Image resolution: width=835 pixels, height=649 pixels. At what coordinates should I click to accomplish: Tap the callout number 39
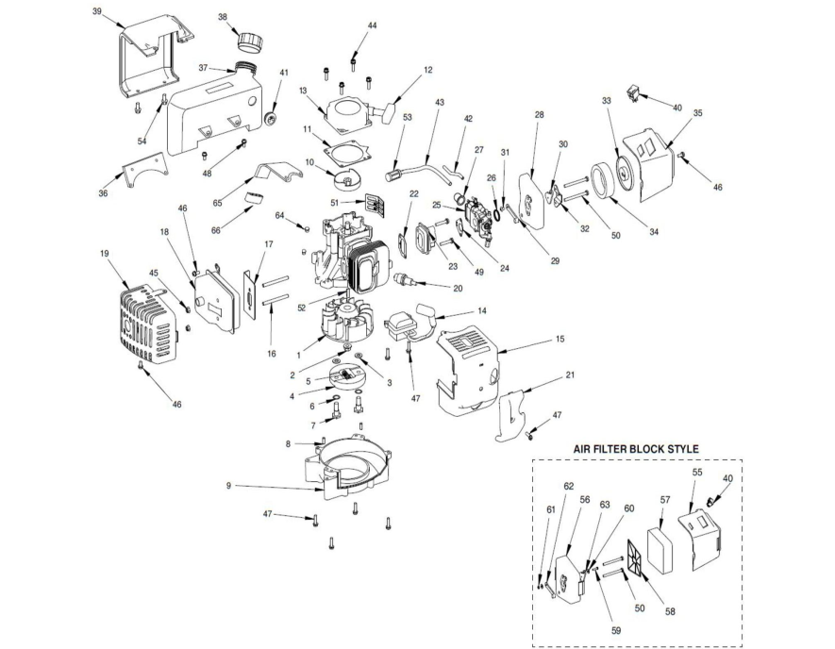coord(97,11)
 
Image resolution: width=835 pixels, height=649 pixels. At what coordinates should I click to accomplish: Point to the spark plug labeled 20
coord(401,279)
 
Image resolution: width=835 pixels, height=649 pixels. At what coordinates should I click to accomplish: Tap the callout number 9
coord(228,486)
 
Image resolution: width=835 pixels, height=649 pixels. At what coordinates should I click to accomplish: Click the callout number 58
coord(670,611)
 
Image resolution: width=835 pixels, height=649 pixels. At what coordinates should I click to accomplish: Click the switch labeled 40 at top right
coord(635,92)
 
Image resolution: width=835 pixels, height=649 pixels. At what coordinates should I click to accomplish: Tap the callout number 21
coord(570,374)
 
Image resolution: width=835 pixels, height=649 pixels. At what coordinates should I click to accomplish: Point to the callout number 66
coord(216,230)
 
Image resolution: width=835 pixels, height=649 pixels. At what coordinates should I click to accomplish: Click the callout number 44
coord(372,25)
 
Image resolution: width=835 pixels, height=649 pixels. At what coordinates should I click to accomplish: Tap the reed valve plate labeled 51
coord(375,205)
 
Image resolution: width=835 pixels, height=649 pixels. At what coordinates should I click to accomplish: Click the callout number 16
coord(272,354)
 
